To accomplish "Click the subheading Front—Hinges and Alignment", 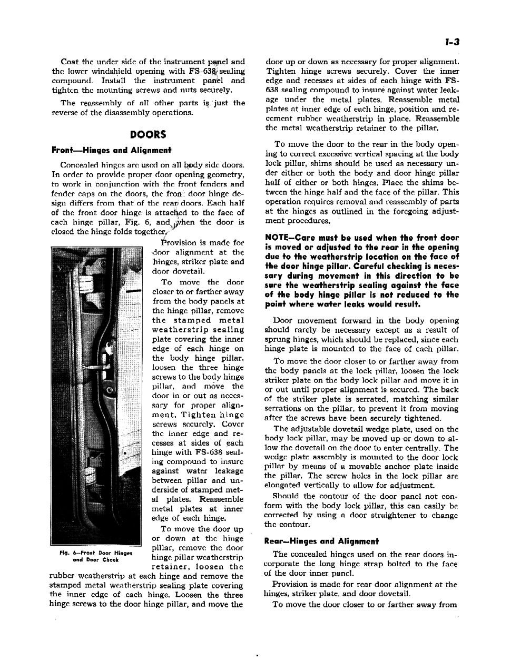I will click(111, 150).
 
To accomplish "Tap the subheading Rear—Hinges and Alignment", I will click(321, 541).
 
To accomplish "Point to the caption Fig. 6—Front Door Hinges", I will click(96, 554).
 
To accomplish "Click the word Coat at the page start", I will click(70, 62).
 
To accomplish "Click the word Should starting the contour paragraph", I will click(286, 496).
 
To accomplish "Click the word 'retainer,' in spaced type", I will click(173, 567).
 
